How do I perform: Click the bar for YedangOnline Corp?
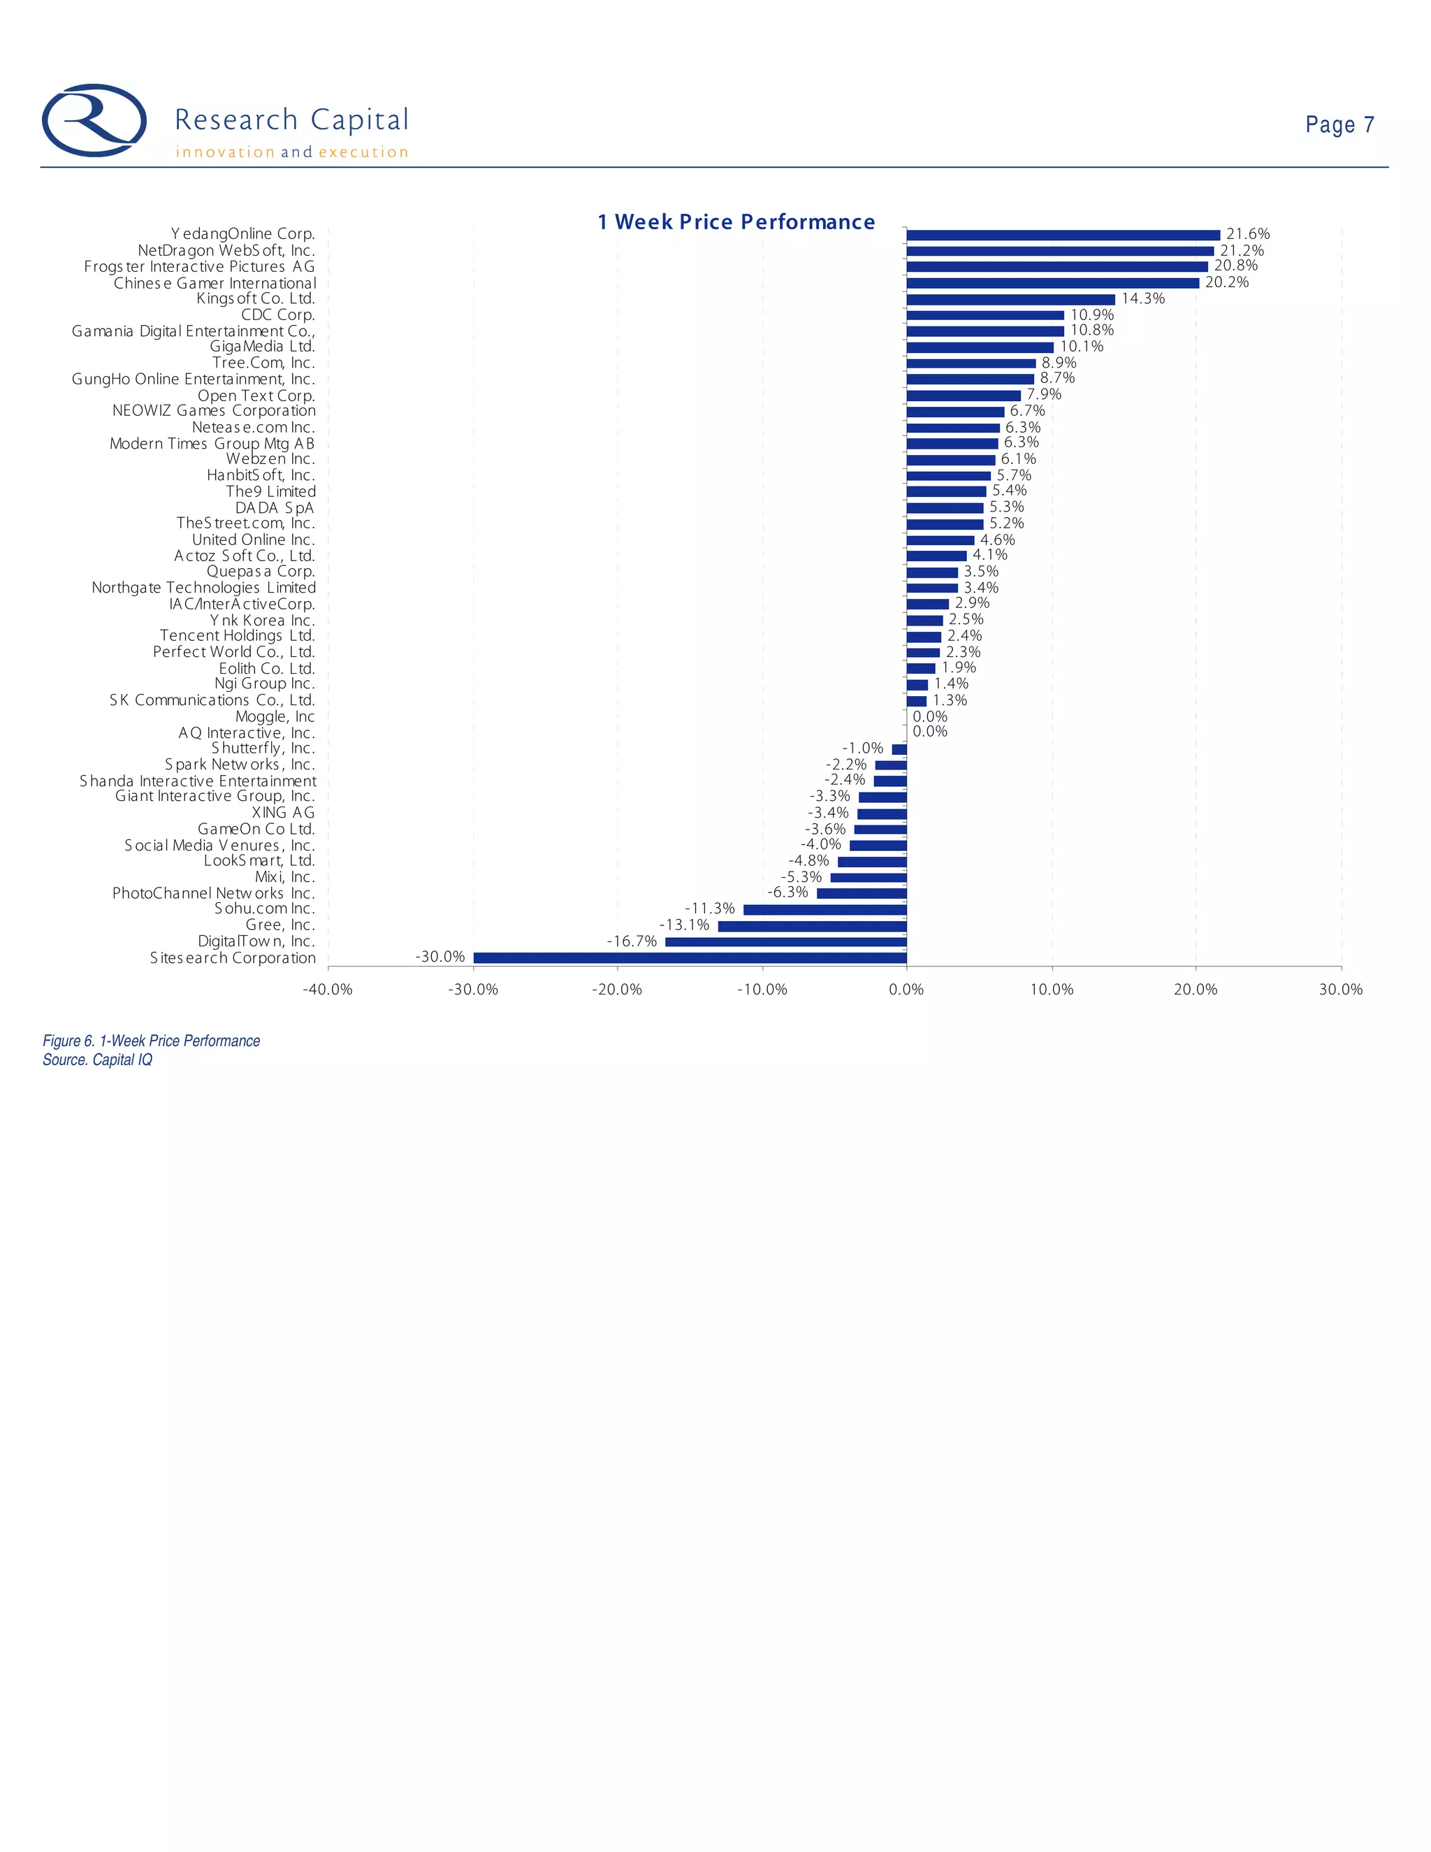pos(1063,235)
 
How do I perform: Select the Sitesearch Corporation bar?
pos(690,957)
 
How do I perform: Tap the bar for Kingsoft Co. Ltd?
pos(1010,299)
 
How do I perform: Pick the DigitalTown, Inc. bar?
pos(786,941)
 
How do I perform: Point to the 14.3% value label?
pos(1142,298)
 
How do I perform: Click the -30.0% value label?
pos(440,957)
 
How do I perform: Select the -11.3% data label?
pos(710,909)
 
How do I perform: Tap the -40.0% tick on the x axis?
pos(328,990)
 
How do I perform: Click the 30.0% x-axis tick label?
pos(1340,990)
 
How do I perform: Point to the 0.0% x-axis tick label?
pos(906,990)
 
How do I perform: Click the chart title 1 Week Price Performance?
pos(736,222)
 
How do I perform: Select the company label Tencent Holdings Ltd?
pos(238,635)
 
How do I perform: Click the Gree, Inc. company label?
pos(279,925)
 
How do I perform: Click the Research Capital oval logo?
pos(94,120)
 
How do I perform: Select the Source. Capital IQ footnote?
pos(98,1060)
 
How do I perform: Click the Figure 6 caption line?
pos(151,1041)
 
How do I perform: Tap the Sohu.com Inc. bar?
pos(825,909)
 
